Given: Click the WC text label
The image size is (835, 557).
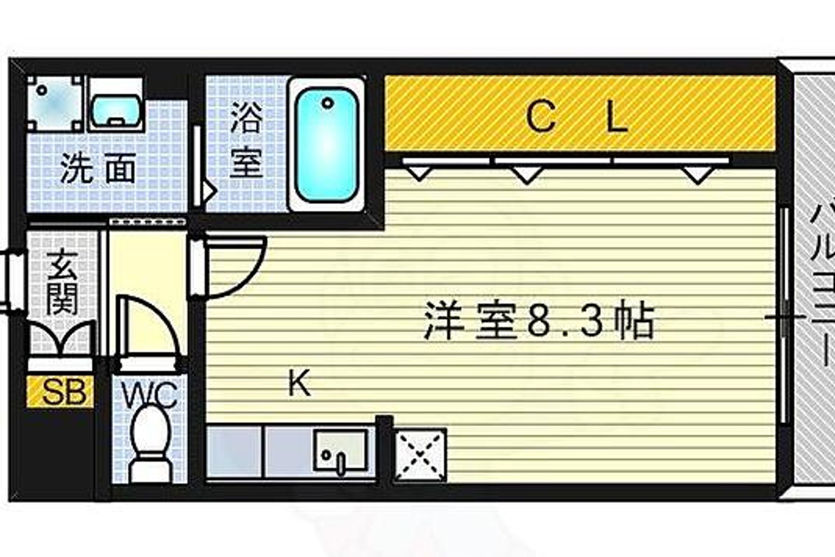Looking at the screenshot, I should pos(149,395).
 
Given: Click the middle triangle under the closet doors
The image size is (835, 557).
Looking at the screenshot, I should pos(527,175).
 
